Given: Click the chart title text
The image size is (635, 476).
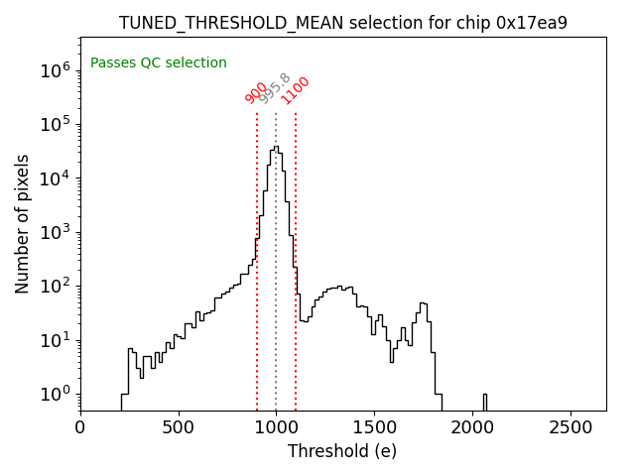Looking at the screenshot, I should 342,23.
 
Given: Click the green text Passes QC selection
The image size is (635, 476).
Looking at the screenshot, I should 159,63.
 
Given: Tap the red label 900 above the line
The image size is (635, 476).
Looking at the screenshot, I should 256,92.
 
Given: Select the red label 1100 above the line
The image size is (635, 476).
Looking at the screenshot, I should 296,90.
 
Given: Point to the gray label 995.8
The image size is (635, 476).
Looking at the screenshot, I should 275,88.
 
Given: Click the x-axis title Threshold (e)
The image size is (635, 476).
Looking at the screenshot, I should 342,451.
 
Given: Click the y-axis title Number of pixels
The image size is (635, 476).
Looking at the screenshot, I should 23,223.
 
